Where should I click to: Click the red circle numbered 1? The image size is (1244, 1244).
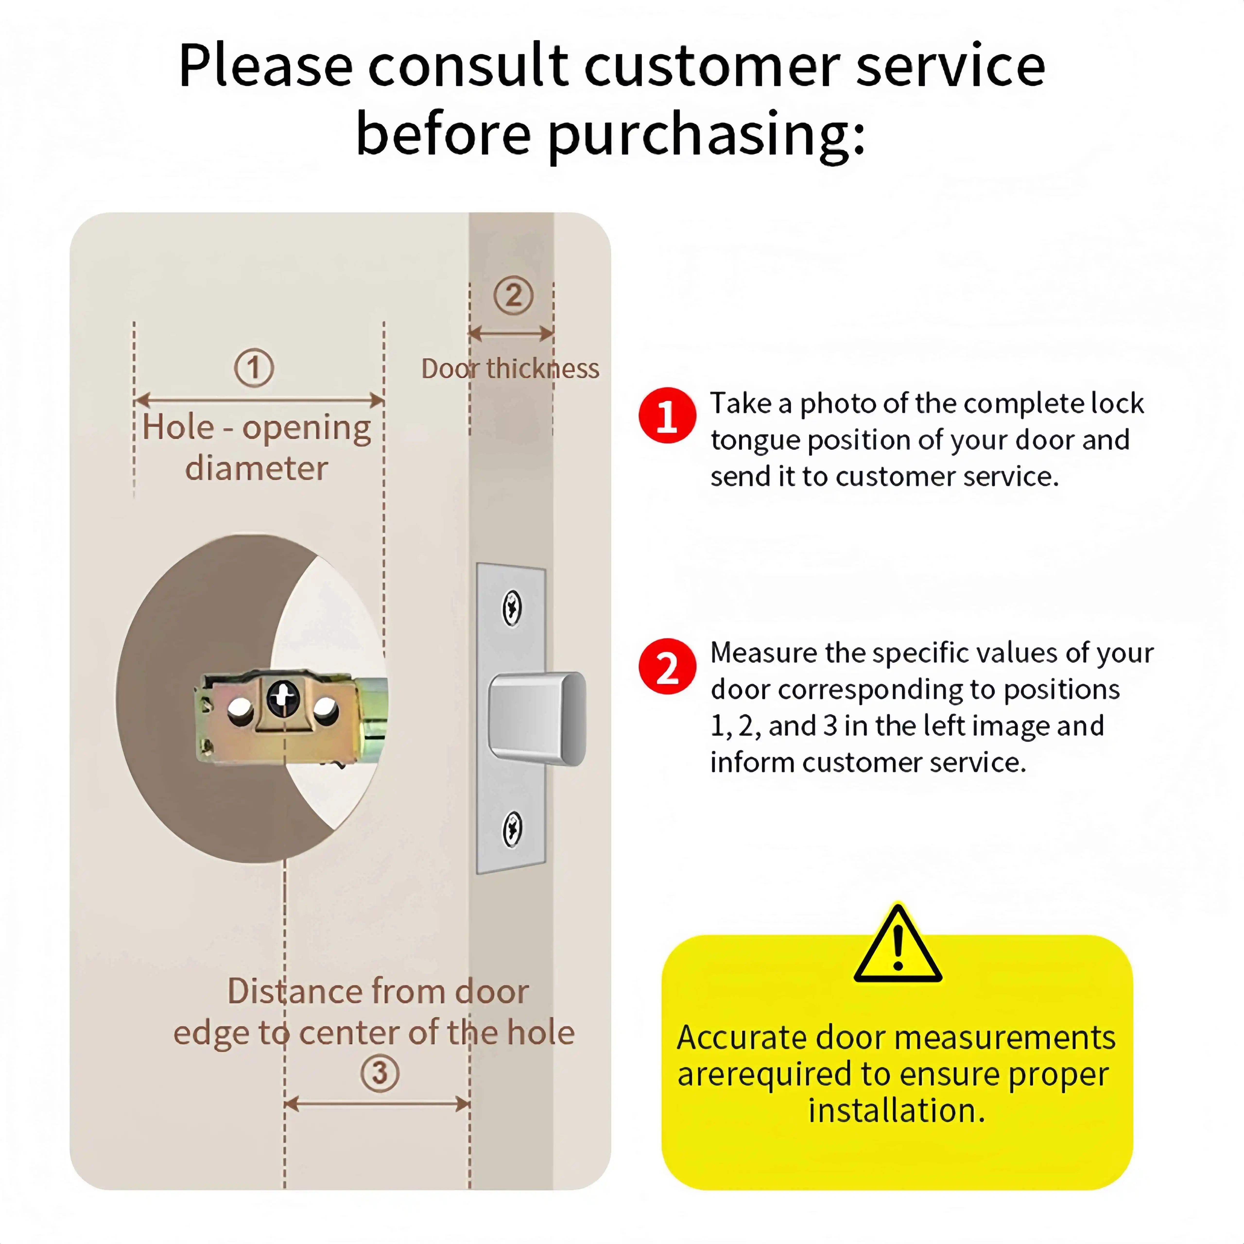[667, 415]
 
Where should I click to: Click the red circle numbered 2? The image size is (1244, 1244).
[667, 666]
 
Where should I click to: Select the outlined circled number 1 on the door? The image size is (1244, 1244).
[254, 368]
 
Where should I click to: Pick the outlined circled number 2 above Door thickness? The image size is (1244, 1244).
[513, 295]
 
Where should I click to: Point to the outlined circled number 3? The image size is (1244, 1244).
[380, 1073]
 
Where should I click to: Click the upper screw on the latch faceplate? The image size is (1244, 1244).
[512, 608]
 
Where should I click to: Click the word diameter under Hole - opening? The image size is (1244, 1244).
[256, 468]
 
